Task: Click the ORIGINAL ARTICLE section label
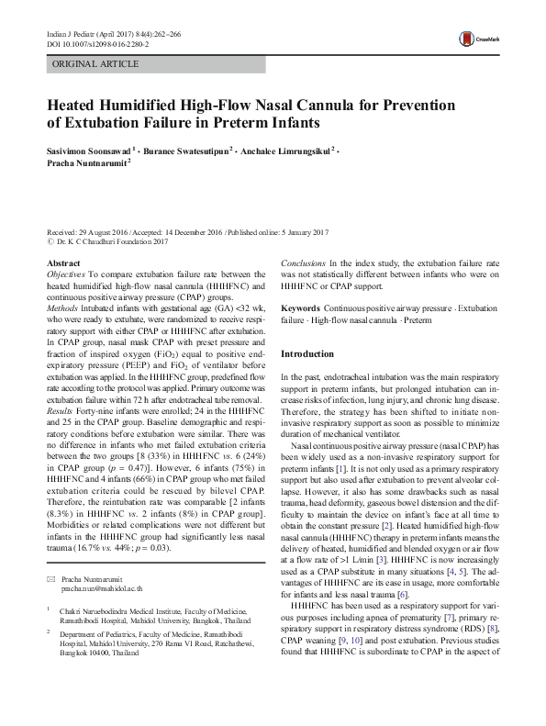pos(95,64)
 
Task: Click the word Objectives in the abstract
pos(66,274)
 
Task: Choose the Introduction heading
pos(308,353)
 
